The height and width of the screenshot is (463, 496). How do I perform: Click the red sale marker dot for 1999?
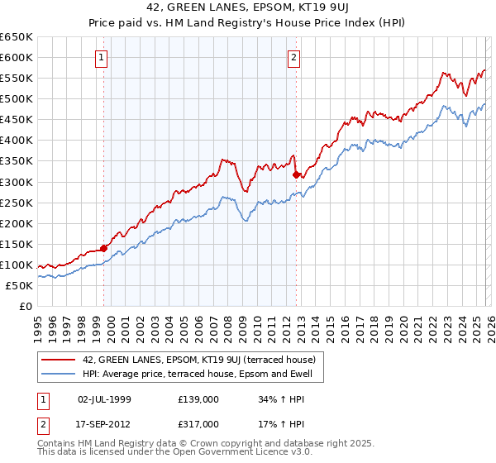(x=103, y=247)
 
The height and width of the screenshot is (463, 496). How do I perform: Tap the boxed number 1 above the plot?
(x=101, y=58)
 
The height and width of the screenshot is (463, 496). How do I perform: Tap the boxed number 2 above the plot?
(x=293, y=58)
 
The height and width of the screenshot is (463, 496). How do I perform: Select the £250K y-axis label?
(x=17, y=203)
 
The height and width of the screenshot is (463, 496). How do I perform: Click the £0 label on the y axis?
(x=26, y=306)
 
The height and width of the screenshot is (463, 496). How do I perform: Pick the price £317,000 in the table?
(x=199, y=424)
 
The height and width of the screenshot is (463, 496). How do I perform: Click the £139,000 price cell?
(x=199, y=399)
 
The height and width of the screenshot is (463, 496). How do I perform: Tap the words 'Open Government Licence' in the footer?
(x=228, y=454)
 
